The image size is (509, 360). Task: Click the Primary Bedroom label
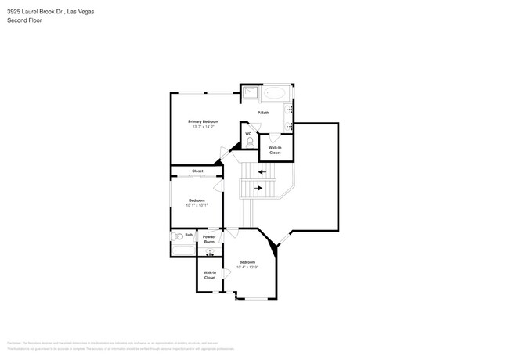click(x=203, y=121)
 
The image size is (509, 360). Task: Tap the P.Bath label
click(x=264, y=113)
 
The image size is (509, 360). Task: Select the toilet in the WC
click(x=249, y=142)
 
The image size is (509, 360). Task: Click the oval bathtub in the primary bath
click(x=275, y=93)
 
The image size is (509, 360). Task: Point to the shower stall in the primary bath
click(x=249, y=93)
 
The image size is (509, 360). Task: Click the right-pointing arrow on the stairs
click(x=258, y=188)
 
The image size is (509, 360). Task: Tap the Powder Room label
click(x=209, y=239)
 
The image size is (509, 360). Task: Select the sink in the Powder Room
click(x=209, y=252)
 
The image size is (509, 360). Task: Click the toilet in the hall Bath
click(x=178, y=236)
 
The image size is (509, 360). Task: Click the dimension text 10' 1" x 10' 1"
click(x=197, y=205)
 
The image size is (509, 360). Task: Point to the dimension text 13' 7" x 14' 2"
click(x=203, y=126)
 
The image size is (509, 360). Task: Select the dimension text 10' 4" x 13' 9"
click(x=247, y=267)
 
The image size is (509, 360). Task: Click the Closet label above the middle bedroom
click(x=197, y=171)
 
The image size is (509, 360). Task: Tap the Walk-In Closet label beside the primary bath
click(x=275, y=149)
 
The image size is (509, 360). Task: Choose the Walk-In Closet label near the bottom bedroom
click(x=210, y=275)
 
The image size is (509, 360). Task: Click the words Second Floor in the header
click(x=24, y=20)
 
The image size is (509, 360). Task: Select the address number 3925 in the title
click(x=15, y=11)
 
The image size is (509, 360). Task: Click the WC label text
click(x=248, y=133)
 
